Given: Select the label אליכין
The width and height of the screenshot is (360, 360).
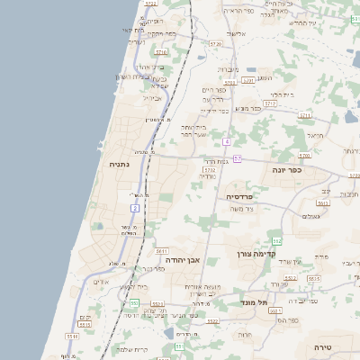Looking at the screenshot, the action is point(236,33).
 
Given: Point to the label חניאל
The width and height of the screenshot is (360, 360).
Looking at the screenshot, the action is point(314,135).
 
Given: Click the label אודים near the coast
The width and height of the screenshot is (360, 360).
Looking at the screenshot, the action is point(101,282).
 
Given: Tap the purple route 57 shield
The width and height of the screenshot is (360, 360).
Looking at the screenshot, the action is point(238,158).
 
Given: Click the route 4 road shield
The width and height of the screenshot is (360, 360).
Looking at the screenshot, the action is point(228,141).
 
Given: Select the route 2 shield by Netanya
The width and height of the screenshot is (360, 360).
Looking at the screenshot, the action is point(135,208).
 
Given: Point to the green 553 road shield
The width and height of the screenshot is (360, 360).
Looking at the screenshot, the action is point(133,303).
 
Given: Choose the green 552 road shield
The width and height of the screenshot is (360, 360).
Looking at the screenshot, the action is point(277,241).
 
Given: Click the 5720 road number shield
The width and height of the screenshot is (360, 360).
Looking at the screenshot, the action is point(214,42).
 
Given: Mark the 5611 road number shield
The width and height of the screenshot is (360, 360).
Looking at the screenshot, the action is point(162,251).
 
